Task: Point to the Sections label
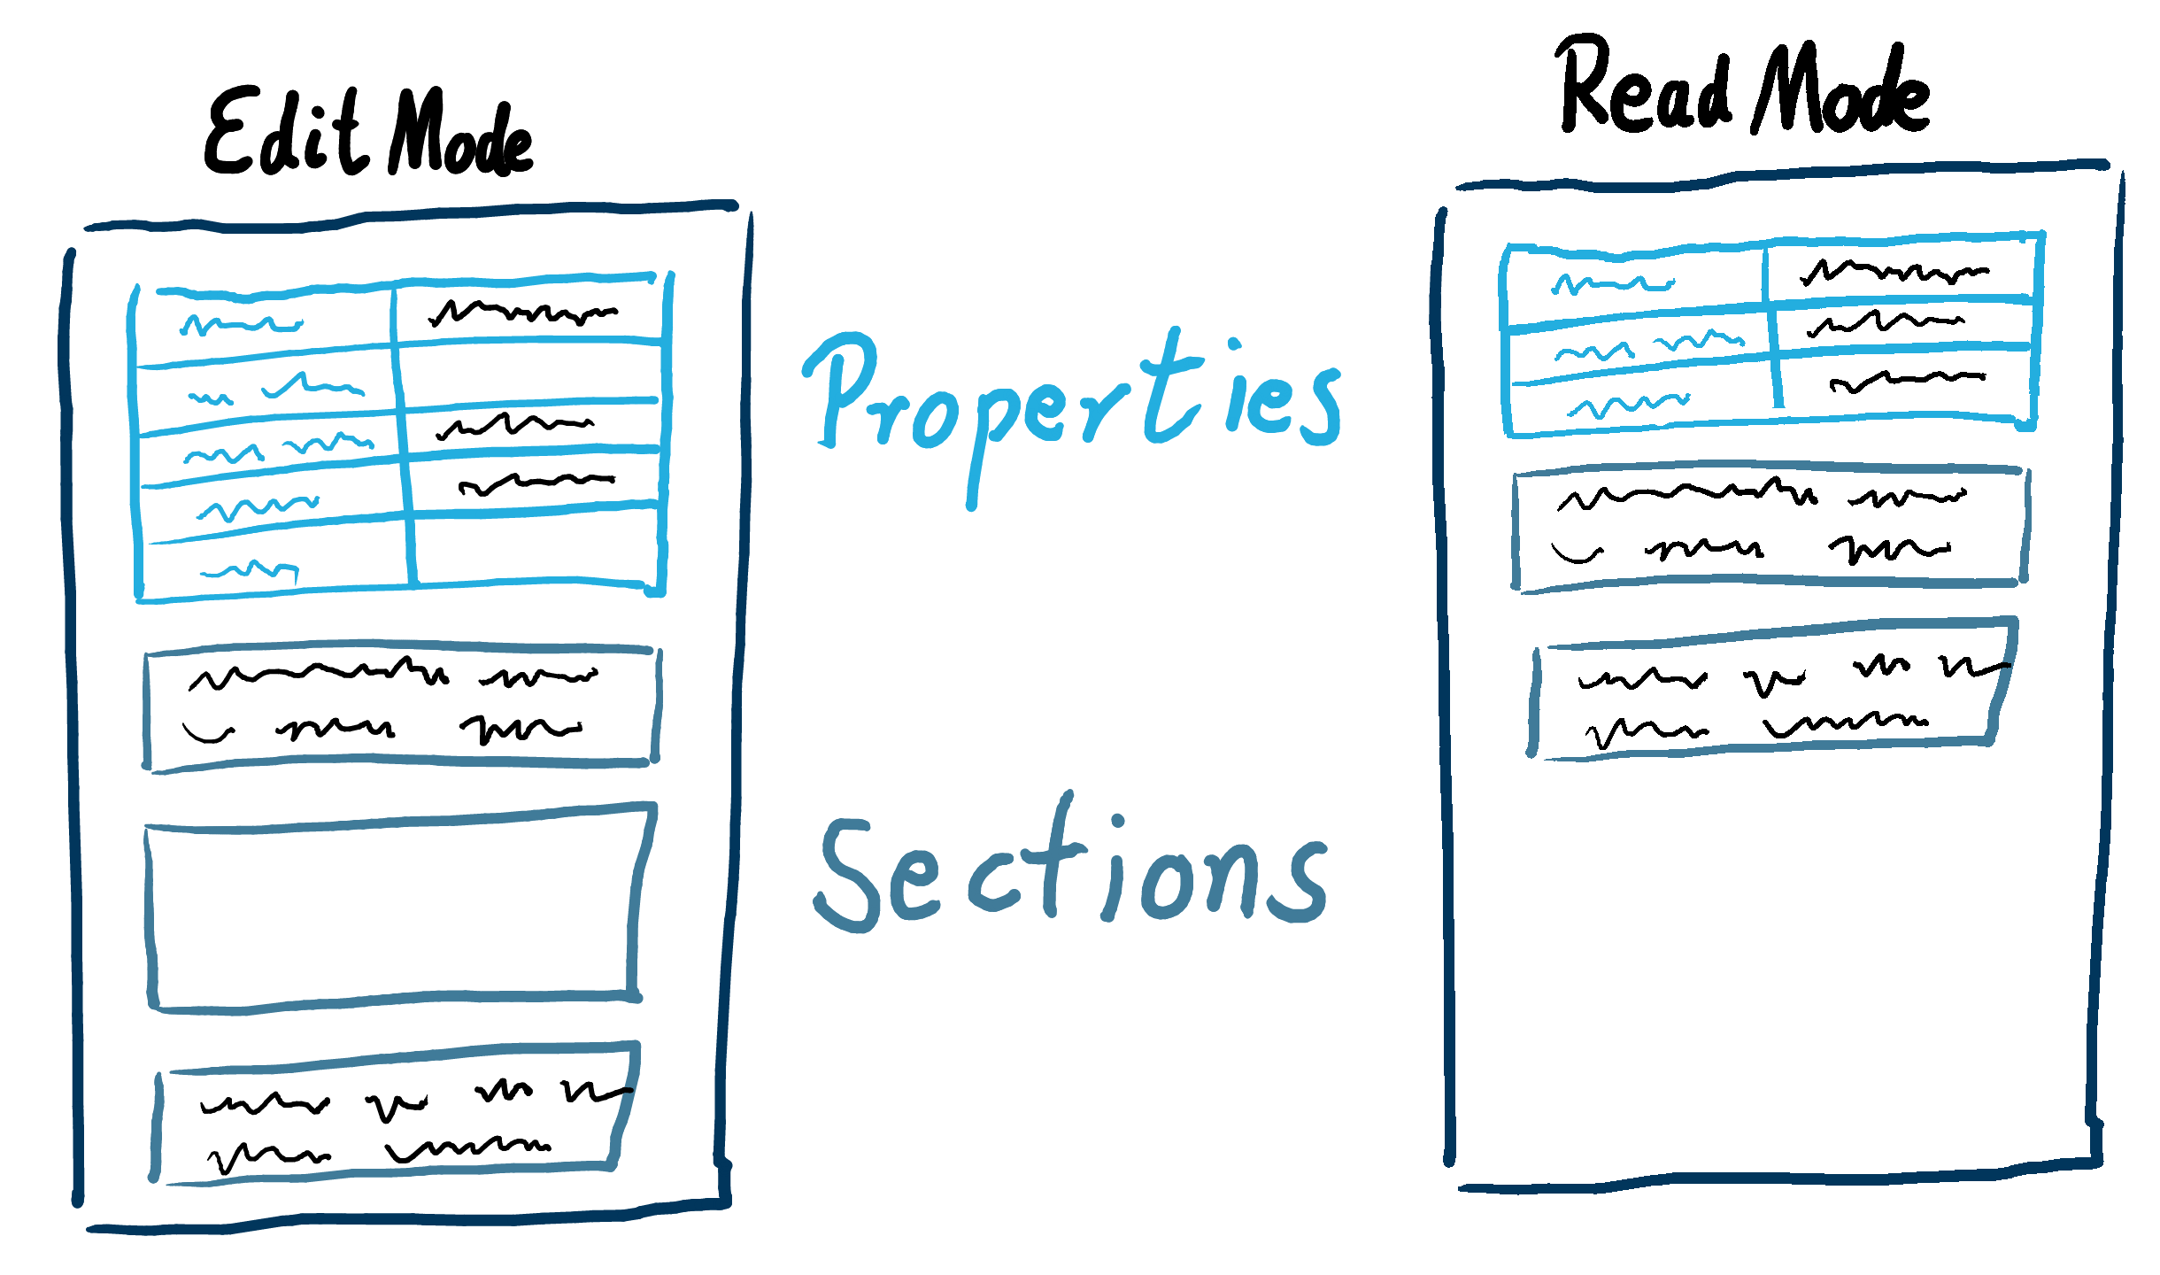[1071, 872]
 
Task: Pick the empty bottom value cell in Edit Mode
[536, 544]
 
